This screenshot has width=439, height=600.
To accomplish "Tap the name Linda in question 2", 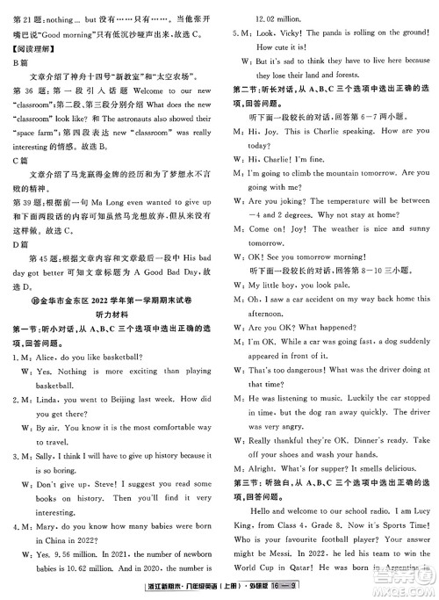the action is point(50,398).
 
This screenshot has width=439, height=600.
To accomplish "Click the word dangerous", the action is point(302,372).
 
